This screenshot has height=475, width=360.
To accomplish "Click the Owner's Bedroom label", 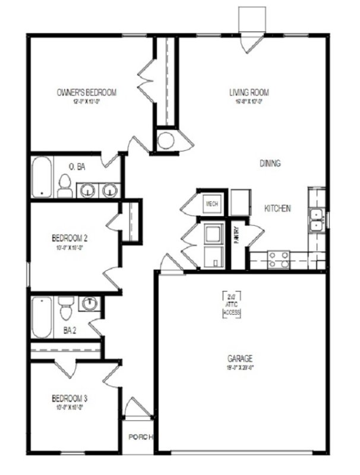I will [x=86, y=93].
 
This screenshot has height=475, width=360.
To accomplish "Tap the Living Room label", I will [x=250, y=93].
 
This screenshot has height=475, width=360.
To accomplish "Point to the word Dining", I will [x=270, y=163].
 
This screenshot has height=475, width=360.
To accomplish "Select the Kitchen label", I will [x=277, y=208].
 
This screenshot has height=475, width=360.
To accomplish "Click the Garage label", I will [x=241, y=359].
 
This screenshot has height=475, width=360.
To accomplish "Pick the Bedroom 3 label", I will [x=70, y=397].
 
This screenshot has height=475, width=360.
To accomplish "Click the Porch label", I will [x=141, y=438].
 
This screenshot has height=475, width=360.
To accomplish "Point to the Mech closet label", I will [x=212, y=204].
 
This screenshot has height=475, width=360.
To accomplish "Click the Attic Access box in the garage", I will [x=232, y=304].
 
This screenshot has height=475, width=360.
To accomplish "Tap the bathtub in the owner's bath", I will [x=42, y=176].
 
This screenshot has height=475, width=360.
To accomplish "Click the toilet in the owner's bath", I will [x=65, y=186].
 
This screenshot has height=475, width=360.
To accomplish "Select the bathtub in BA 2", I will [x=42, y=316].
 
